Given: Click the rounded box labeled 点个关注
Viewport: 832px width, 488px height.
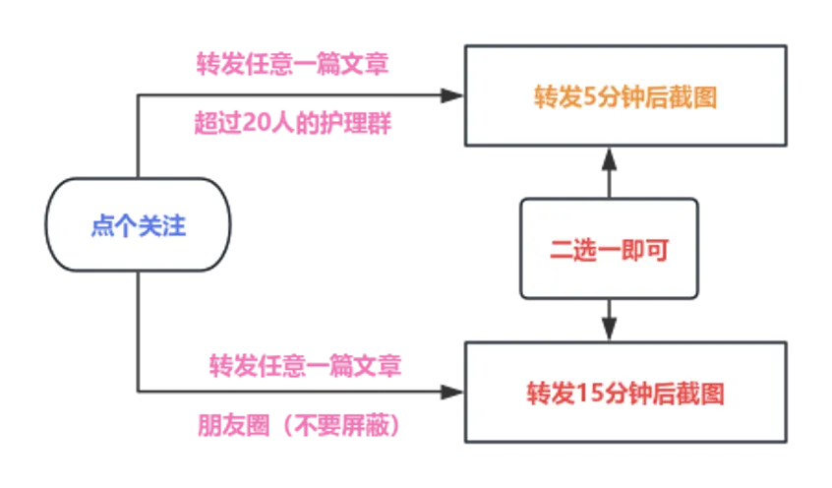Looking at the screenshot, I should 138,225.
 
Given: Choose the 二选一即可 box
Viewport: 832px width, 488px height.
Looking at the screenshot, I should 610,249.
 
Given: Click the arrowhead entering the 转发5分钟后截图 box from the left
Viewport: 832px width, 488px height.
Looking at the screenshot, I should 446,96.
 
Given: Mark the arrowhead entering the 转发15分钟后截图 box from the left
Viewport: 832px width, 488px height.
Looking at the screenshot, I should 446,394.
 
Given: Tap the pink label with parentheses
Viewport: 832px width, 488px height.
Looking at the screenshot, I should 297,426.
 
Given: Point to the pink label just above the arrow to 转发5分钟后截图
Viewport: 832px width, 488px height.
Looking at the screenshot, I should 292,65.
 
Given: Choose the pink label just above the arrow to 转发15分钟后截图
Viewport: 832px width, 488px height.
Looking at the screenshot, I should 308,364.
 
